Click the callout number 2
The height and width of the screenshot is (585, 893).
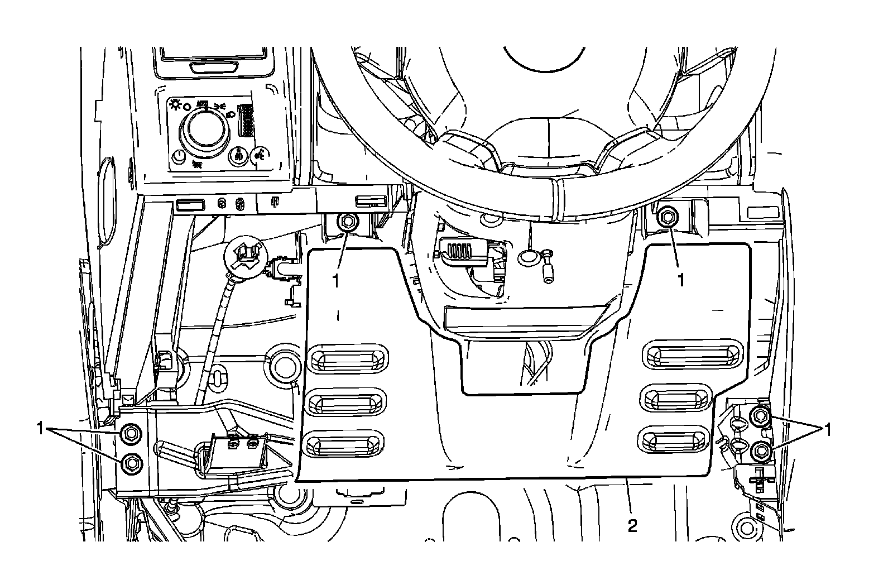pyautogui.click(x=632, y=526)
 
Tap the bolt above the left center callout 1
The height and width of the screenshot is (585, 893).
pyautogui.click(x=347, y=222)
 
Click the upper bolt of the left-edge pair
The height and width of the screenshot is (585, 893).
pyautogui.click(x=131, y=432)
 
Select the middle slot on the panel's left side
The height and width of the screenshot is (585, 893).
pyautogui.click(x=346, y=401)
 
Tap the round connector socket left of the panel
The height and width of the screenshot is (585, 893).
pyautogui.click(x=243, y=254)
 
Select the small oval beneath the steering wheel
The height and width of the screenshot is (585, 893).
pyautogui.click(x=527, y=257)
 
